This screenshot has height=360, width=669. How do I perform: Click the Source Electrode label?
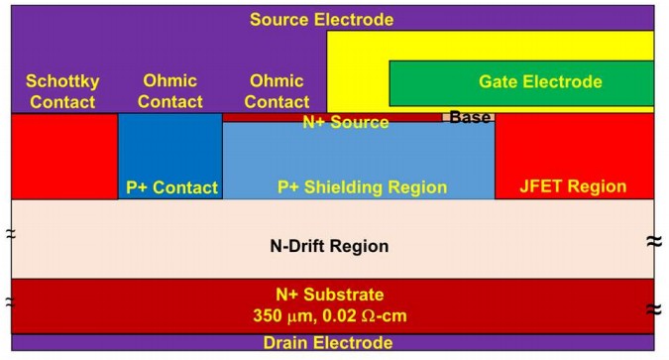322,20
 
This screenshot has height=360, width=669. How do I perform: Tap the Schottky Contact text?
62,91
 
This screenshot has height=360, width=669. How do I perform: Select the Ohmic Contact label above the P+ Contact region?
170,91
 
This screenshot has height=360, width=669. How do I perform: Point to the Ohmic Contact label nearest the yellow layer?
277,91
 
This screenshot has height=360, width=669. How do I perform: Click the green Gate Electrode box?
521,83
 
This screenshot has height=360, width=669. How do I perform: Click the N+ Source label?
346,122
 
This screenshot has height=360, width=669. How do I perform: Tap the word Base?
470,117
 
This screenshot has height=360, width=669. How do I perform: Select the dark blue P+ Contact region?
170,156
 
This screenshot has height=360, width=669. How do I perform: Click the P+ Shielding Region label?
362,187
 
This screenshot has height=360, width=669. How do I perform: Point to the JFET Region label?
573,186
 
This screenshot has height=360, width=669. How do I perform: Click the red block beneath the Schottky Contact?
64,157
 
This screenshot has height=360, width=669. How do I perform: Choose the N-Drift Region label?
329,246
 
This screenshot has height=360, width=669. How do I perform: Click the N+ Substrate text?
330,295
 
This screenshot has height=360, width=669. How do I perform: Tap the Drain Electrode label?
328,342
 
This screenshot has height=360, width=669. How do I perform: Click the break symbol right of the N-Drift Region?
654,242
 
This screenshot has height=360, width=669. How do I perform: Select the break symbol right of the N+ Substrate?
654,308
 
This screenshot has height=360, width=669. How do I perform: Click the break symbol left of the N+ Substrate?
10,302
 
